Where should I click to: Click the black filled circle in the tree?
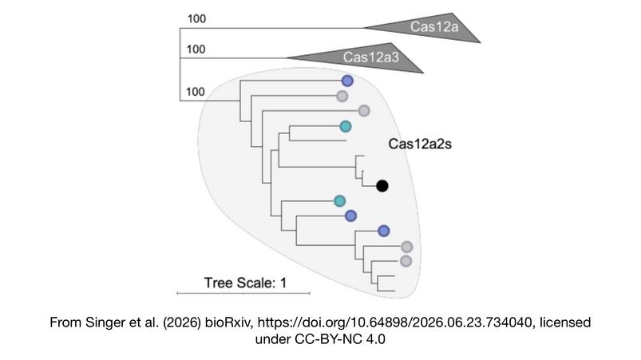click(382, 186)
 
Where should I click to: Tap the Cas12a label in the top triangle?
click(434, 27)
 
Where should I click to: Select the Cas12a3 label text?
click(370, 57)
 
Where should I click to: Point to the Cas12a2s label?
click(420, 144)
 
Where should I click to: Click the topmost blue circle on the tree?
click(347, 81)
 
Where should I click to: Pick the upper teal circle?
click(346, 126)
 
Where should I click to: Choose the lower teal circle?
click(340, 201)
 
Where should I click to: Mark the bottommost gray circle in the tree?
click(406, 261)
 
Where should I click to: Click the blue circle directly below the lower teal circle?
click(350, 216)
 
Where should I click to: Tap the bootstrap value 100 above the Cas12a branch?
click(196, 19)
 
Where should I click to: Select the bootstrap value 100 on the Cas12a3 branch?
click(196, 49)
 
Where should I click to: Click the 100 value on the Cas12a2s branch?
click(195, 92)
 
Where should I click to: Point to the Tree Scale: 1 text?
click(245, 283)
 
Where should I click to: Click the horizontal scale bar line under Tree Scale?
click(243, 293)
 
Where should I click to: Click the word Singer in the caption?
click(102, 322)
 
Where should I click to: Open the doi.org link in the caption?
click(395, 322)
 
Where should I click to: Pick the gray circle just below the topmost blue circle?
click(342, 96)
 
